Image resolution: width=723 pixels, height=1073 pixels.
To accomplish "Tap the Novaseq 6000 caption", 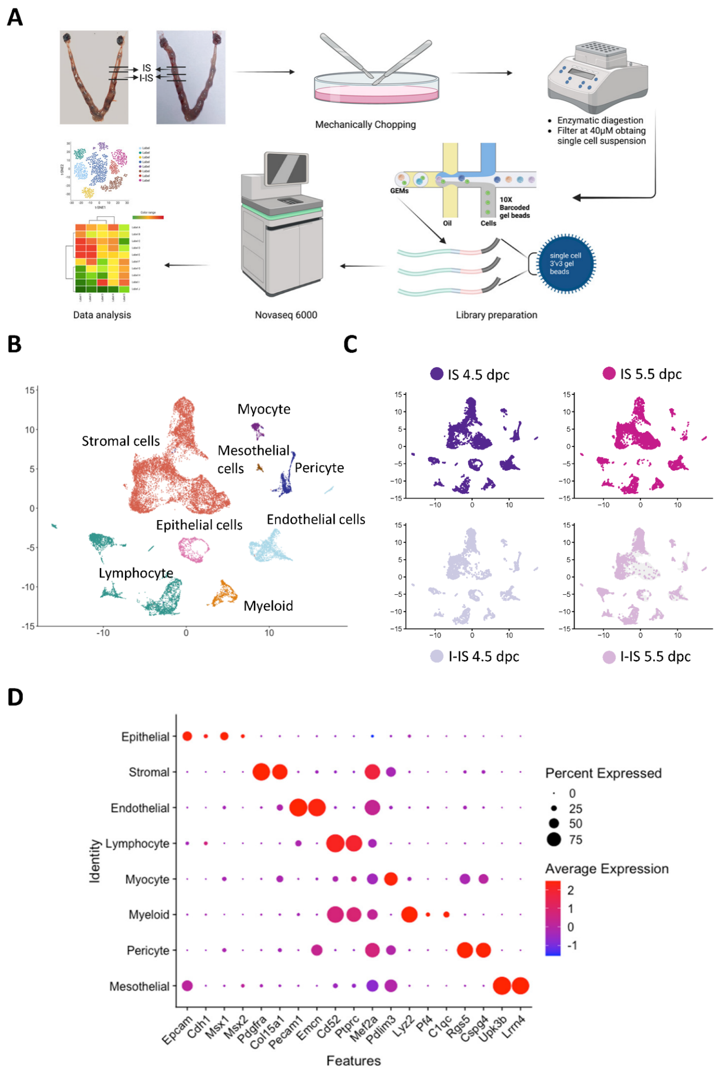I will (x=286, y=315).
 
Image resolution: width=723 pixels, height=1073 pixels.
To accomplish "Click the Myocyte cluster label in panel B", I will (x=264, y=409).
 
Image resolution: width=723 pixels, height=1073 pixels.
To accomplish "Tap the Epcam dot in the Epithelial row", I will (x=187, y=736).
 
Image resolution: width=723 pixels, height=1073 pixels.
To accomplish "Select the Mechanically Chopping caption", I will (x=365, y=124).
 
